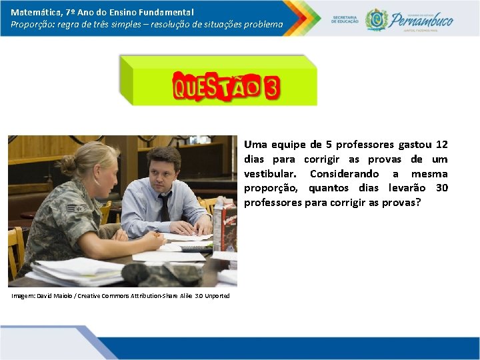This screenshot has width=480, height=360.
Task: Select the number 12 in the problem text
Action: (x=441, y=145)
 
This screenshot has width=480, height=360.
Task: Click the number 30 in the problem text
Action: (x=441, y=188)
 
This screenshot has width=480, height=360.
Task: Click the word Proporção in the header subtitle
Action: (x=33, y=24)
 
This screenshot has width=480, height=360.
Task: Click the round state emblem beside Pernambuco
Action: (x=377, y=19)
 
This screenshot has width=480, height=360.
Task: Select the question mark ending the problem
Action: (x=418, y=203)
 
